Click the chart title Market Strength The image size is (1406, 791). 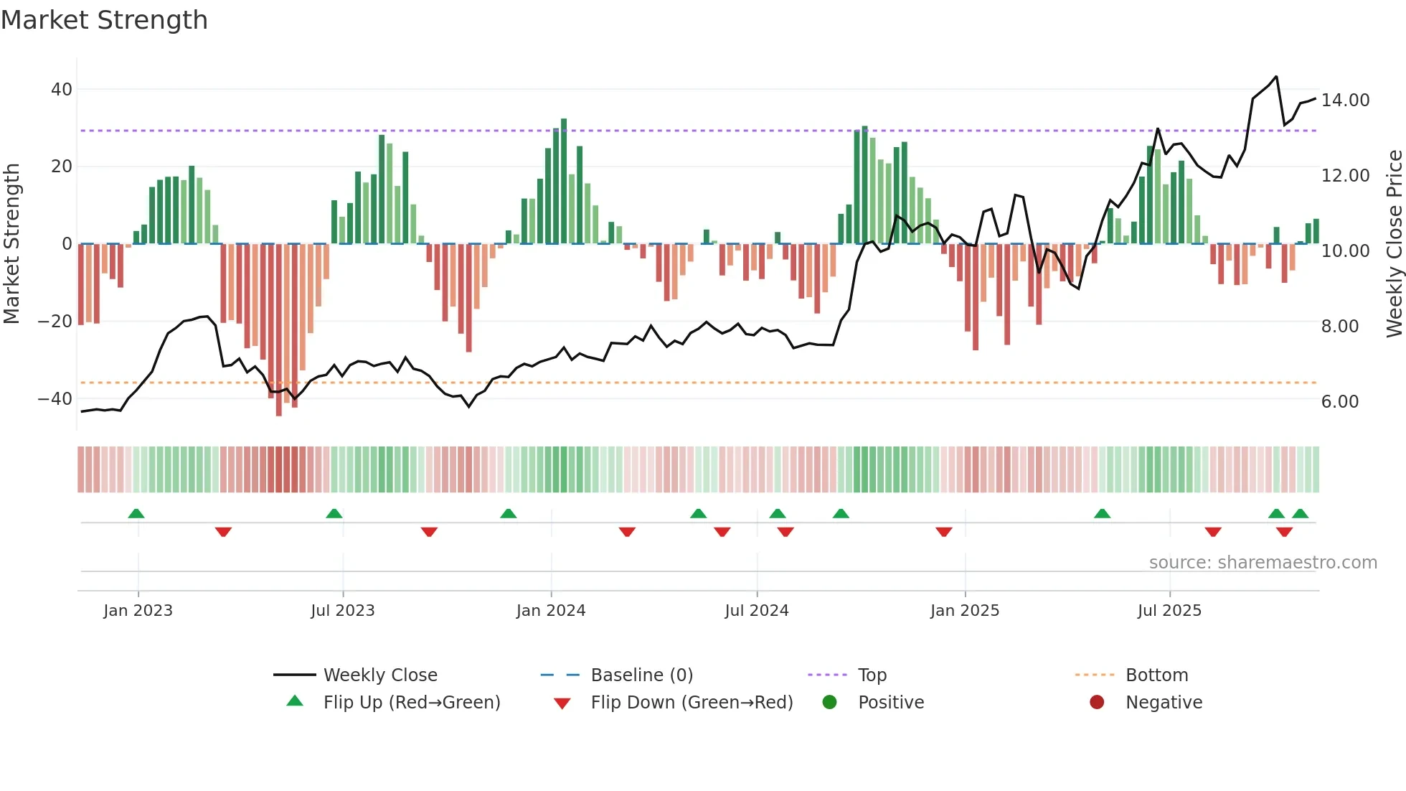pyautogui.click(x=104, y=20)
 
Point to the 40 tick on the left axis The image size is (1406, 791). pyautogui.click(x=62, y=90)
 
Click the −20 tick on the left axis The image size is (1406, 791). pyautogui.click(x=55, y=322)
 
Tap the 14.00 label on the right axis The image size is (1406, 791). pyautogui.click(x=1345, y=100)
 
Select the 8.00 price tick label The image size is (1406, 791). pyautogui.click(x=1340, y=327)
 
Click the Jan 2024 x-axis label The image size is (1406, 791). pyautogui.click(x=550, y=611)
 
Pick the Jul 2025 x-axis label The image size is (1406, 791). pyautogui.click(x=1169, y=611)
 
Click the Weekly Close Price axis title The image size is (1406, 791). pyautogui.click(x=1394, y=243)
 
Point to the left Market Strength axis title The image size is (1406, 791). pyautogui.click(x=12, y=243)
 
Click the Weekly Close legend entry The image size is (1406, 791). pyautogui.click(x=379, y=675)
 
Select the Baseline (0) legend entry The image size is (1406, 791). pyautogui.click(x=641, y=675)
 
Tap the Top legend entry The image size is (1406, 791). pyautogui.click(x=872, y=675)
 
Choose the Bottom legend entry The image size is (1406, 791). pyautogui.click(x=1156, y=675)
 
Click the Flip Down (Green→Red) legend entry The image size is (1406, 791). pyautogui.click(x=691, y=703)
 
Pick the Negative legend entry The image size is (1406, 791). pyautogui.click(x=1163, y=703)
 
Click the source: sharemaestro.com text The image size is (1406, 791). pyautogui.click(x=1263, y=563)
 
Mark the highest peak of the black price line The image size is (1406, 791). pyautogui.click(x=1276, y=77)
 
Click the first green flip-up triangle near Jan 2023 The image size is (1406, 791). pyautogui.click(x=136, y=513)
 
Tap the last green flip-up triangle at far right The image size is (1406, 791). pyautogui.click(x=1300, y=513)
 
